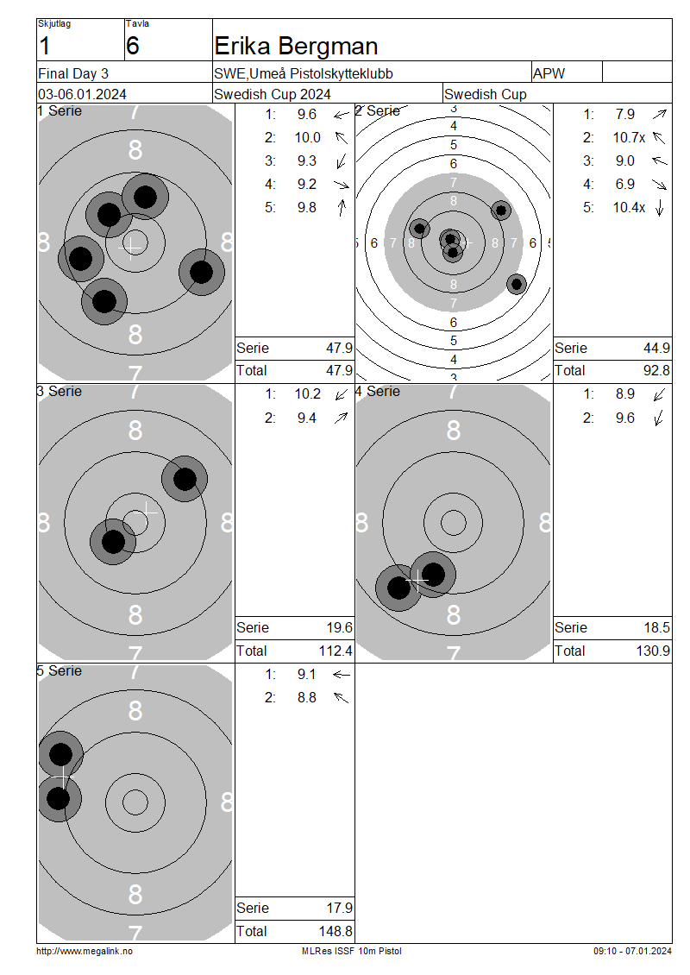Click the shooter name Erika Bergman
click(296, 47)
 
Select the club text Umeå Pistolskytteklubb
click(321, 74)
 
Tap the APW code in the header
click(549, 73)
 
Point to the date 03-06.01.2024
click(82, 95)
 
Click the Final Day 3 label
click(73, 73)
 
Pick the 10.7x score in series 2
click(629, 137)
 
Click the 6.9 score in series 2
click(624, 184)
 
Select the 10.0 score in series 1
click(308, 137)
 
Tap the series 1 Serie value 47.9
click(340, 349)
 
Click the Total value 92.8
click(656, 371)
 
